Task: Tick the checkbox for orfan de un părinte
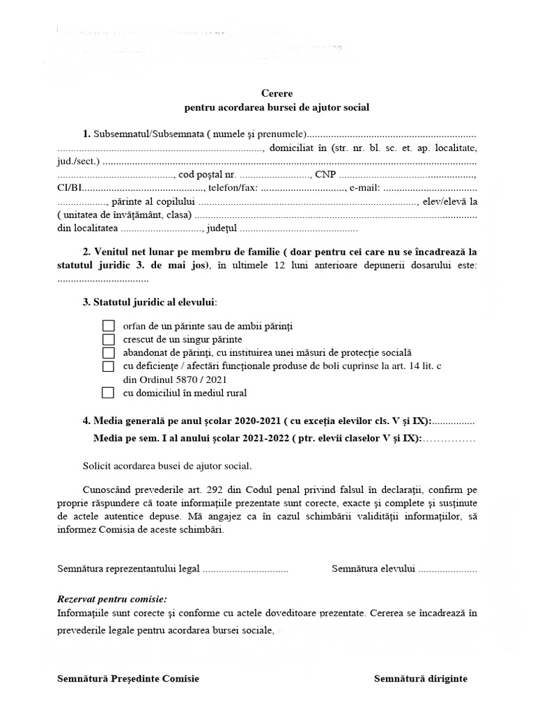108,326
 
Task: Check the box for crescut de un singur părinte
108,339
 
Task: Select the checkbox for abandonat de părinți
108,352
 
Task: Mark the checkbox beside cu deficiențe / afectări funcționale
108,366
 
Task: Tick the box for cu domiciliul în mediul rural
108,393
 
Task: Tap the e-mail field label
365,188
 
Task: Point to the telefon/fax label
233,188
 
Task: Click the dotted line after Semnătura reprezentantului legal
245,569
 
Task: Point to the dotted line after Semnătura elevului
447,569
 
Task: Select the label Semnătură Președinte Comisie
128,679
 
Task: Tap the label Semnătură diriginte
420,679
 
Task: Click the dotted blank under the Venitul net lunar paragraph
102,279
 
